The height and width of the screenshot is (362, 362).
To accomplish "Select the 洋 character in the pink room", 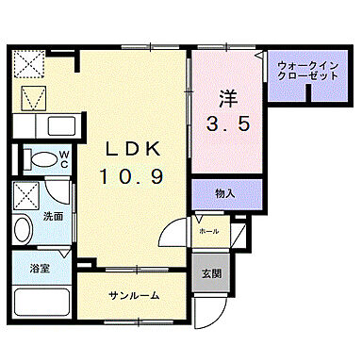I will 227,97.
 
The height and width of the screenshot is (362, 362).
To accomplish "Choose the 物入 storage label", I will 225,194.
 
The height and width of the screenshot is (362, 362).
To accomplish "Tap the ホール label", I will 208,229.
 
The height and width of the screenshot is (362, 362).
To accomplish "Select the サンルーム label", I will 132,295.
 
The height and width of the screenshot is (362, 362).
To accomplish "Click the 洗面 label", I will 52,215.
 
